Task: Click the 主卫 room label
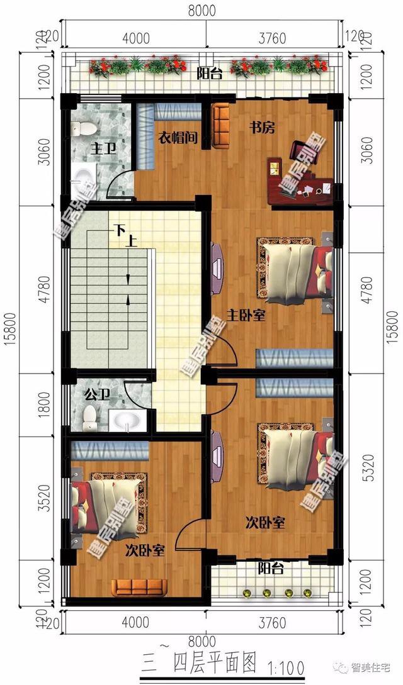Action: pyautogui.click(x=101, y=149)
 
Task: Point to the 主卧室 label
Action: pyautogui.click(x=244, y=315)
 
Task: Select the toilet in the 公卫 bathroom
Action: pyautogui.click(x=91, y=417)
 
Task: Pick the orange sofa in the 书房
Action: pyautogui.click(x=222, y=128)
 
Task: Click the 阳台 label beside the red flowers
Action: pyautogui.click(x=209, y=74)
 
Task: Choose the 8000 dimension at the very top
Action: pyautogui.click(x=201, y=11)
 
